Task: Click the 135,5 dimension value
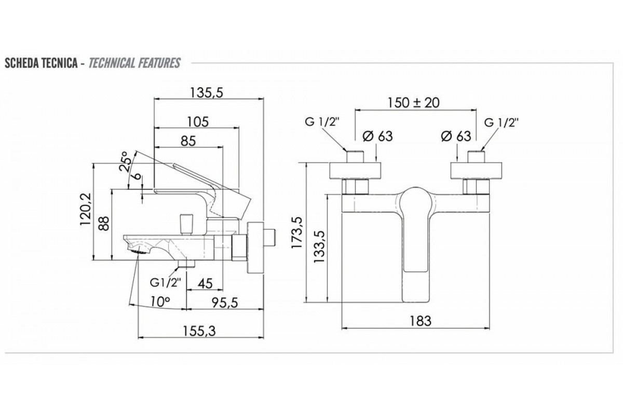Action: [x=207, y=93]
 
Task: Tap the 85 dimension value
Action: [x=188, y=141]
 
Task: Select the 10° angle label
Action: [x=160, y=301]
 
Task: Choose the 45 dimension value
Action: [x=205, y=283]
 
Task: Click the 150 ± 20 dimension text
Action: [x=414, y=102]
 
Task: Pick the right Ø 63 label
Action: [x=455, y=136]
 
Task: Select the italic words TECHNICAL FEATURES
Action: [x=134, y=64]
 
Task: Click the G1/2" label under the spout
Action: [x=165, y=283]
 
